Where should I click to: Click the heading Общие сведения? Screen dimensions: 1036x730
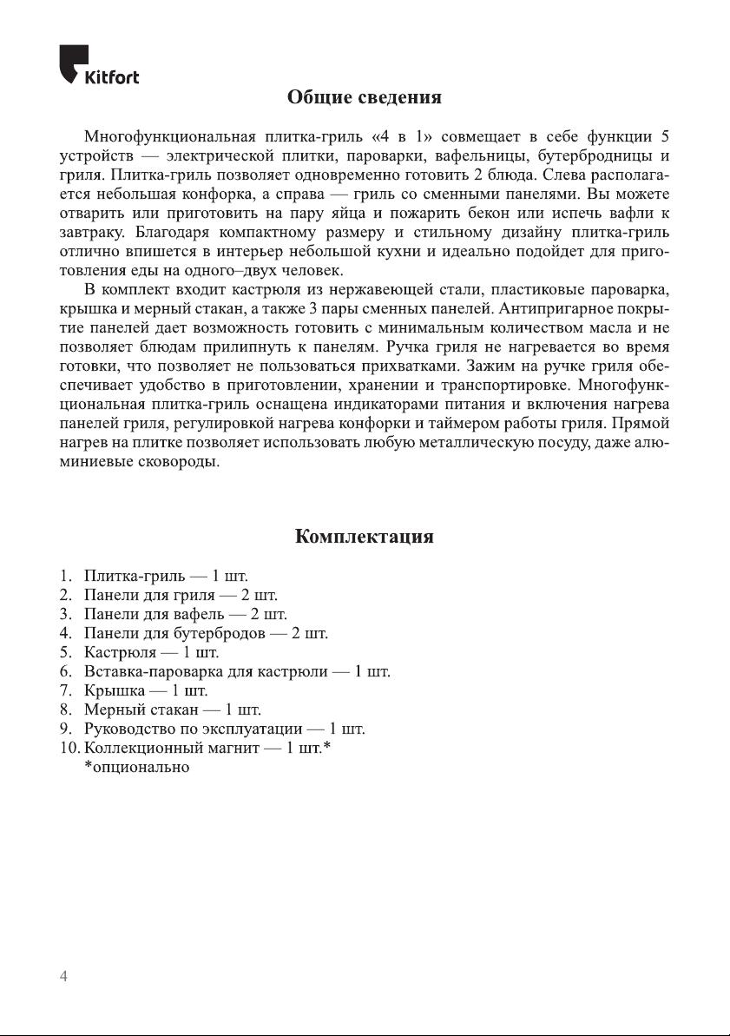coord(365,97)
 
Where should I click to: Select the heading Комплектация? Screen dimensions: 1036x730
coord(365,536)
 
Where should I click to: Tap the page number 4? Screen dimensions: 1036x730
coord(62,977)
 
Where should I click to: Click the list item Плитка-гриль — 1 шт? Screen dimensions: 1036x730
coord(166,577)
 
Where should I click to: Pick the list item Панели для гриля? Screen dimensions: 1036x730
coord(180,596)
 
